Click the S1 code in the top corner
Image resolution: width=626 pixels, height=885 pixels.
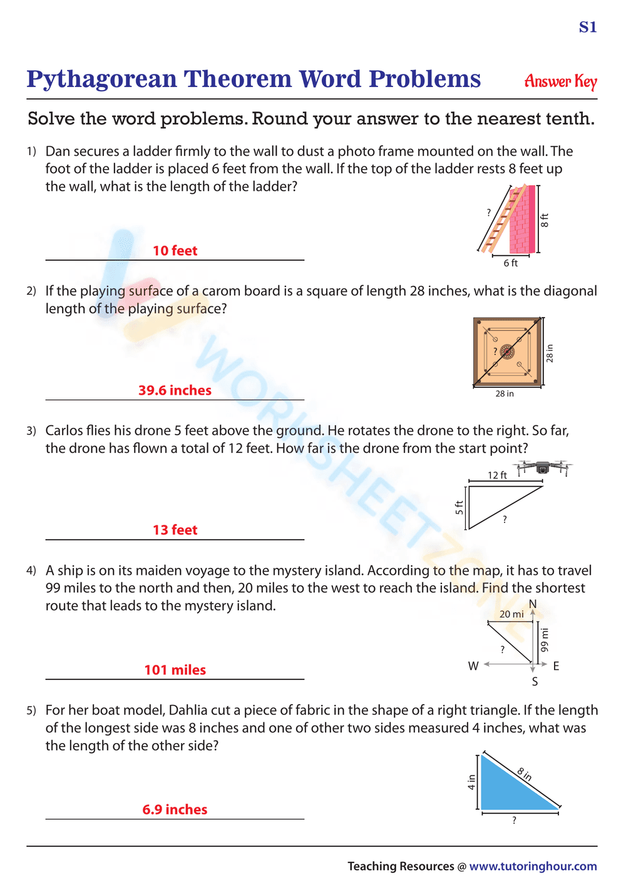pyautogui.click(x=587, y=27)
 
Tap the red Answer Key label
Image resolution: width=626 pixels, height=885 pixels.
pyautogui.click(x=560, y=81)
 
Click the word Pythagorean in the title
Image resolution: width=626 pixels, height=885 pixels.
pyautogui.click(x=101, y=79)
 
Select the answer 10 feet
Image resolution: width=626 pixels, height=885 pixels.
pyautogui.click(x=175, y=251)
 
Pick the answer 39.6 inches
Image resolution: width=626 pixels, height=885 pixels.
pyautogui.click(x=175, y=390)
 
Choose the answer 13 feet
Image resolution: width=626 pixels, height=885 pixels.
pyautogui.click(x=175, y=530)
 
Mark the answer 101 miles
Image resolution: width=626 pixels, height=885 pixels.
pyautogui.click(x=175, y=670)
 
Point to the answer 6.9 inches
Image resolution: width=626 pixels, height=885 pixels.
pyautogui.click(x=175, y=809)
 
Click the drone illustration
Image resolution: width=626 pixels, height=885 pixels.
pyautogui.click(x=543, y=467)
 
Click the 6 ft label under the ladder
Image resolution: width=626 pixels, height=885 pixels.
pyautogui.click(x=510, y=263)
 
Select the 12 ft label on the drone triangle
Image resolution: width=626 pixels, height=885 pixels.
pyautogui.click(x=497, y=475)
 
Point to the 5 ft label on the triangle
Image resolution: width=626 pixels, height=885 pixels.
pyautogui.click(x=459, y=507)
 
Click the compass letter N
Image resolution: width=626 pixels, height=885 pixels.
pyautogui.click(x=533, y=604)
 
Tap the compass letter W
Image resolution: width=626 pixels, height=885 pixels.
pyautogui.click(x=473, y=666)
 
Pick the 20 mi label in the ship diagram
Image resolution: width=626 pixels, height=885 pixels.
pyautogui.click(x=511, y=614)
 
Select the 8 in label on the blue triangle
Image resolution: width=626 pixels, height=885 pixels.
pyautogui.click(x=525, y=774)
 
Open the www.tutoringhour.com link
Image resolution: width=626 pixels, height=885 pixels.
pyautogui.click(x=533, y=866)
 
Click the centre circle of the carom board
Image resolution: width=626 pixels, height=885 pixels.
pyautogui.click(x=507, y=352)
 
